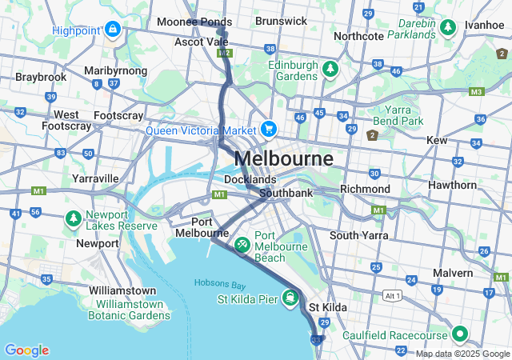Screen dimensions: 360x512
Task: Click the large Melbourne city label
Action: point(283,158)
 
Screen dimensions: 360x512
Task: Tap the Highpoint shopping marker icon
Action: point(113,30)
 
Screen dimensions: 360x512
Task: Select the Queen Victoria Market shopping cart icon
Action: point(268,129)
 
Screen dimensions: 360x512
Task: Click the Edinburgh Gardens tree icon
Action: point(329,69)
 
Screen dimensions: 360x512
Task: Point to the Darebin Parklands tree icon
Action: point(447,28)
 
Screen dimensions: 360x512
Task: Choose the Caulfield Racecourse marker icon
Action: point(460,334)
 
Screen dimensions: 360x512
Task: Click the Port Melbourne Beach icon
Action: point(241,241)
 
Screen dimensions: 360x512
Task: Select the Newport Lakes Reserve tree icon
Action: point(73,218)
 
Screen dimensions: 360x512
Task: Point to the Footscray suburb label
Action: point(118,115)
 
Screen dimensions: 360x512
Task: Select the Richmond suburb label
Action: point(364,190)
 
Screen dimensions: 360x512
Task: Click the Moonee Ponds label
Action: point(189,22)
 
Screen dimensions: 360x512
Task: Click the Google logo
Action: point(26,350)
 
